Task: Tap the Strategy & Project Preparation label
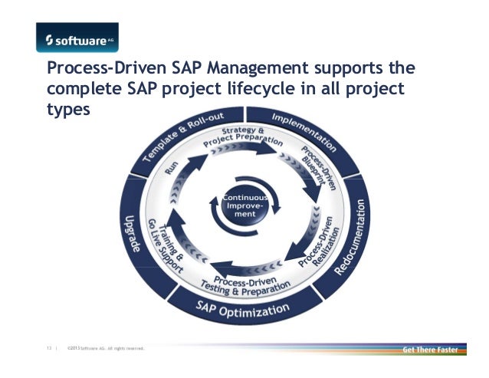(238, 136)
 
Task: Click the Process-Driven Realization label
(313, 250)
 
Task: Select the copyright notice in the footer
(106, 350)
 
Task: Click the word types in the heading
(68, 110)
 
